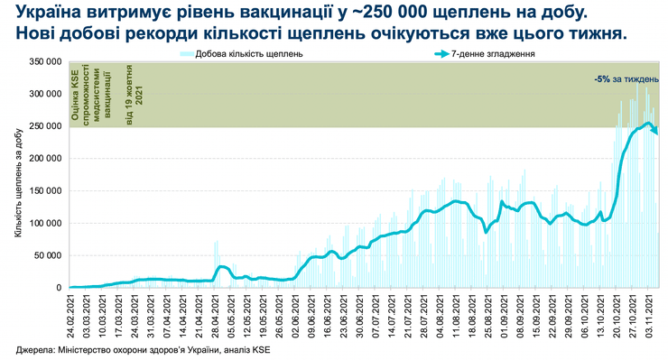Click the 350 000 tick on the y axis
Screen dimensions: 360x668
46,60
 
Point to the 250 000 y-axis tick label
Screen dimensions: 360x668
46,125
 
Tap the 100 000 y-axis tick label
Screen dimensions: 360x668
46,223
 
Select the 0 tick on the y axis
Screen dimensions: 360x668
59,288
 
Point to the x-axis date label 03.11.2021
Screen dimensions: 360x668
647,315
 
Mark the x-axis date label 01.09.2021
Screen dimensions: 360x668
505,315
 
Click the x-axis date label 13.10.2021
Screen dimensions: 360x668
599,315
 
